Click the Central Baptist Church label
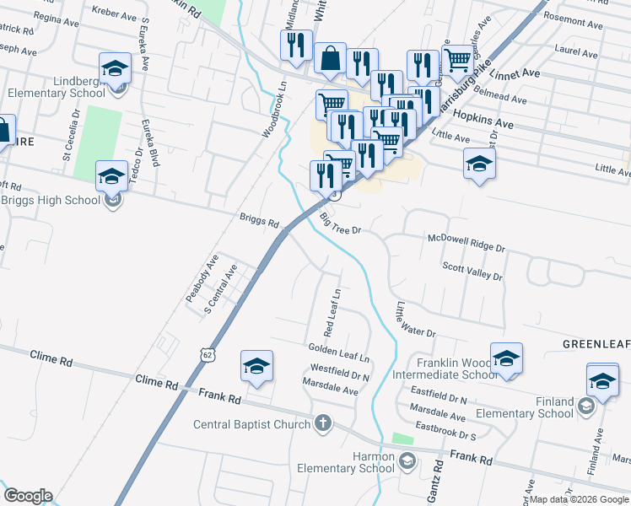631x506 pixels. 252,424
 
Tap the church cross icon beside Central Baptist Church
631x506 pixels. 322,423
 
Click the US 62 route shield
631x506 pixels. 209,356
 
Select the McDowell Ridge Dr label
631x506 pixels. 466,244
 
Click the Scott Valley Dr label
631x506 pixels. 472,271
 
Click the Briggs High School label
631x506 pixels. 51,200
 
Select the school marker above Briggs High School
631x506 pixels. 111,176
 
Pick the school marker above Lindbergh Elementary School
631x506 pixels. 116,68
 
